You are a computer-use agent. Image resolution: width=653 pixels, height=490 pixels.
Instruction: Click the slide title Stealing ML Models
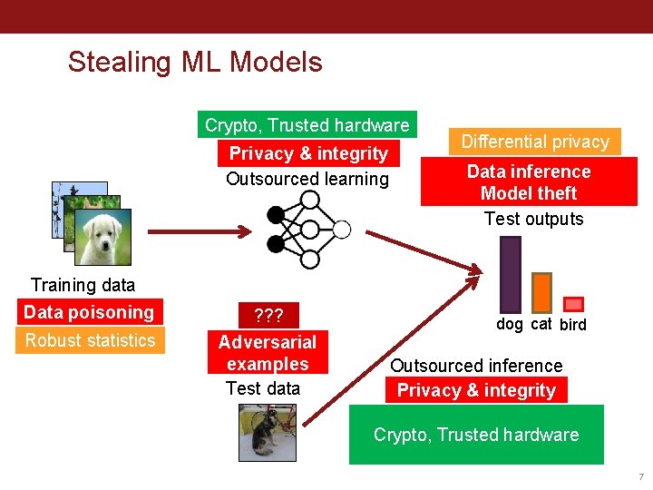pyautogui.click(x=195, y=62)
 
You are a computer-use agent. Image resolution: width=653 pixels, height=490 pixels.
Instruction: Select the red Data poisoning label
pyautogui.click(x=89, y=312)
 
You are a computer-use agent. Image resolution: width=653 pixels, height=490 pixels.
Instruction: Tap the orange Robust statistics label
pyautogui.click(x=90, y=340)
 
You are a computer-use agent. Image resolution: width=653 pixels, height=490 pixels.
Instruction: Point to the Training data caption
pyautogui.click(x=83, y=285)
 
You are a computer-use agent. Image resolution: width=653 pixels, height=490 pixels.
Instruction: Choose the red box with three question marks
pyautogui.click(x=268, y=316)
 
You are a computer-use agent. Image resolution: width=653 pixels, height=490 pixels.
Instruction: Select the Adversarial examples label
pyautogui.click(x=268, y=353)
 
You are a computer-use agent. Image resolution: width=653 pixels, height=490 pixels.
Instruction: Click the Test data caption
pyautogui.click(x=262, y=388)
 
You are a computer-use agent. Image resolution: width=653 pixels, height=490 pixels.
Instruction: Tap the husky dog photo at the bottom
pyautogui.click(x=268, y=432)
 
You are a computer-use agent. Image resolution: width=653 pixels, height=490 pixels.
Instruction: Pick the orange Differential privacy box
pyautogui.click(x=535, y=142)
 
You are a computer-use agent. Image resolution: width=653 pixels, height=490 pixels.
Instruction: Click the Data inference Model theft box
pyautogui.click(x=529, y=182)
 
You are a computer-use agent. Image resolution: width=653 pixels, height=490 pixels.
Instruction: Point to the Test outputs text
pyautogui.click(x=533, y=219)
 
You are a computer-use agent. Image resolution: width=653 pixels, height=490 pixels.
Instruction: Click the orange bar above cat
pyautogui.click(x=541, y=292)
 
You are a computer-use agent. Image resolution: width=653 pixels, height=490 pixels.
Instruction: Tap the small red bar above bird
pyautogui.click(x=573, y=305)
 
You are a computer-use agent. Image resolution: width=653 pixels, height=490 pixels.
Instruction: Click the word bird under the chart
pyautogui.click(x=573, y=325)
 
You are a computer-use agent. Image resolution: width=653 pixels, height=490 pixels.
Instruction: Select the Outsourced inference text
pyautogui.click(x=476, y=366)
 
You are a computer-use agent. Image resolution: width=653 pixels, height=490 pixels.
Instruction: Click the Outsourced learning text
pyautogui.click(x=307, y=179)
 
